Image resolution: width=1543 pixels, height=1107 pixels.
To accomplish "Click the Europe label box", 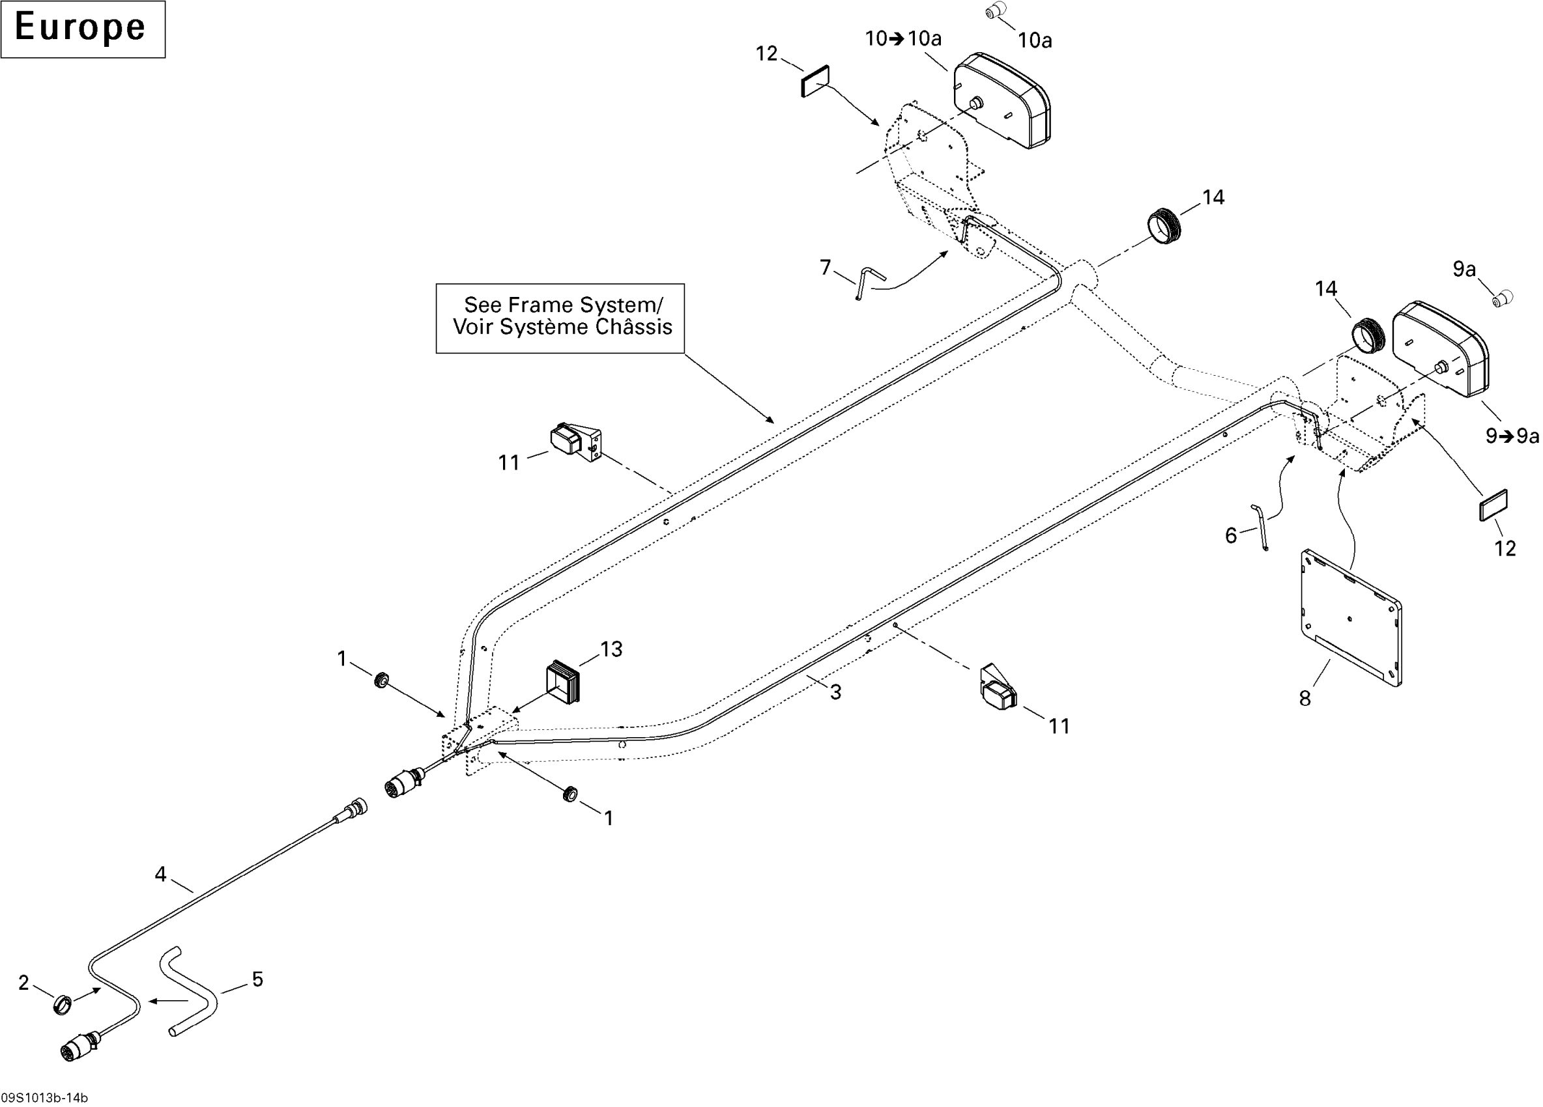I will [x=82, y=29].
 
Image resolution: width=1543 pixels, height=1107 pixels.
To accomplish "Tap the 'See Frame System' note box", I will [x=560, y=318].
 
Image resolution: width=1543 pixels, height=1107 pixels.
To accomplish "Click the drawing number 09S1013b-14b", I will [x=44, y=1097].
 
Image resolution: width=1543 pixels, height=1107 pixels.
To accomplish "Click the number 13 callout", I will [x=611, y=649].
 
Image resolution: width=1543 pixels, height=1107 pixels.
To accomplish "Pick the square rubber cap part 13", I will [x=564, y=680].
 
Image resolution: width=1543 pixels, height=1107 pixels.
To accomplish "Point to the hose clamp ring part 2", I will [x=63, y=1003].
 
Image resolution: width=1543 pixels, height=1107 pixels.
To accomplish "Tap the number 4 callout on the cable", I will [x=160, y=874].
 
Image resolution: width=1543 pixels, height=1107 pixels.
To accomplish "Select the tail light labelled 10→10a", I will [x=1002, y=101].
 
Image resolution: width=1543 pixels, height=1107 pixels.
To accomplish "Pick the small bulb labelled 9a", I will [x=1502, y=298].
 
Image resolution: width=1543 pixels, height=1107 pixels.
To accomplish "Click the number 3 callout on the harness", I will [x=835, y=692].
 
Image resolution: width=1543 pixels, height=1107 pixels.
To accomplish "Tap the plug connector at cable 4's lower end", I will [x=81, y=1044].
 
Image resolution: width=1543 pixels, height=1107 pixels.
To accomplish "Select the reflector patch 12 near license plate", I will [x=1494, y=505].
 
